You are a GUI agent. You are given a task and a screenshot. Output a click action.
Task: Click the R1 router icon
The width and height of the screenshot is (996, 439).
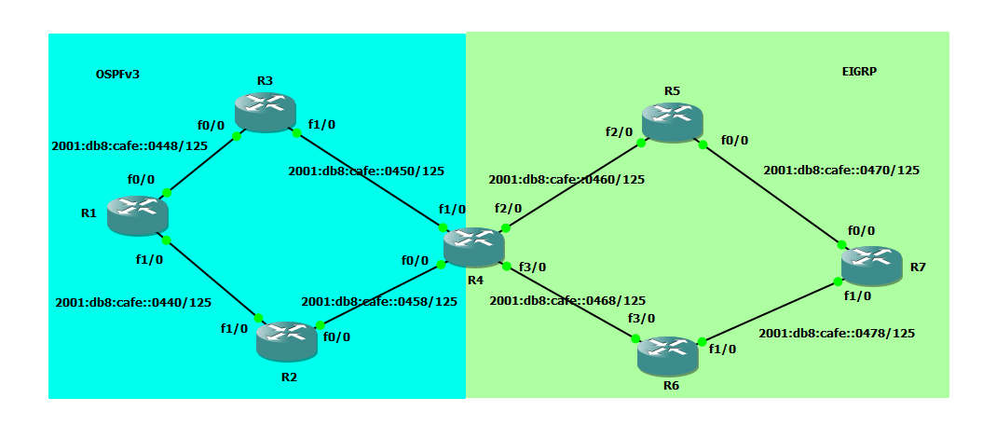point(137,214)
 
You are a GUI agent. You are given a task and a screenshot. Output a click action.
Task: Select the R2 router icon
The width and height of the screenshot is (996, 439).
point(286,340)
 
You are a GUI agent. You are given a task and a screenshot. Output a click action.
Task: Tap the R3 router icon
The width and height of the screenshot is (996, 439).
point(265,112)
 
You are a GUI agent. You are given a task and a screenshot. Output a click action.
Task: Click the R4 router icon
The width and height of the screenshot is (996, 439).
point(473,246)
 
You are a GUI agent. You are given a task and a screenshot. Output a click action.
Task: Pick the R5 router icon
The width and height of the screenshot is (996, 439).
point(672,122)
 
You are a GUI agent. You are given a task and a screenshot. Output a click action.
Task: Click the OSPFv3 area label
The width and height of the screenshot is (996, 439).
point(117,74)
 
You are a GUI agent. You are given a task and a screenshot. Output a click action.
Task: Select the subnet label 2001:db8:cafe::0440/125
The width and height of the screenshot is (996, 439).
point(133,302)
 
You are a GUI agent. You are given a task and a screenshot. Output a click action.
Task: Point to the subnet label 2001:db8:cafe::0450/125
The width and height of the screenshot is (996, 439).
point(366,171)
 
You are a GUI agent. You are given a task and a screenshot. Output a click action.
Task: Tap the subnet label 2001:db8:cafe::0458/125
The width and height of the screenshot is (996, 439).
point(379,301)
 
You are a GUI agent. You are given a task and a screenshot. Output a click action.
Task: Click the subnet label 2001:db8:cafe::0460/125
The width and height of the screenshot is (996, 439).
point(567,178)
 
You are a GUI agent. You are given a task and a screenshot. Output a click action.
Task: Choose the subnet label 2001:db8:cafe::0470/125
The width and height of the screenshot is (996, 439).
point(841,170)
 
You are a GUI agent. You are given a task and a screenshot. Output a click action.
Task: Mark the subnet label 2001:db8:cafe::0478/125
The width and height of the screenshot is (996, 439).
point(837,333)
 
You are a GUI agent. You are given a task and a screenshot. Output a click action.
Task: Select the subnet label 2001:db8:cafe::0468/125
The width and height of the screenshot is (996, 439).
point(567,300)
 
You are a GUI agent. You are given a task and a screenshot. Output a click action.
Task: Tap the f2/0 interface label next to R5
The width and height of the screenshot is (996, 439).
point(618,131)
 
